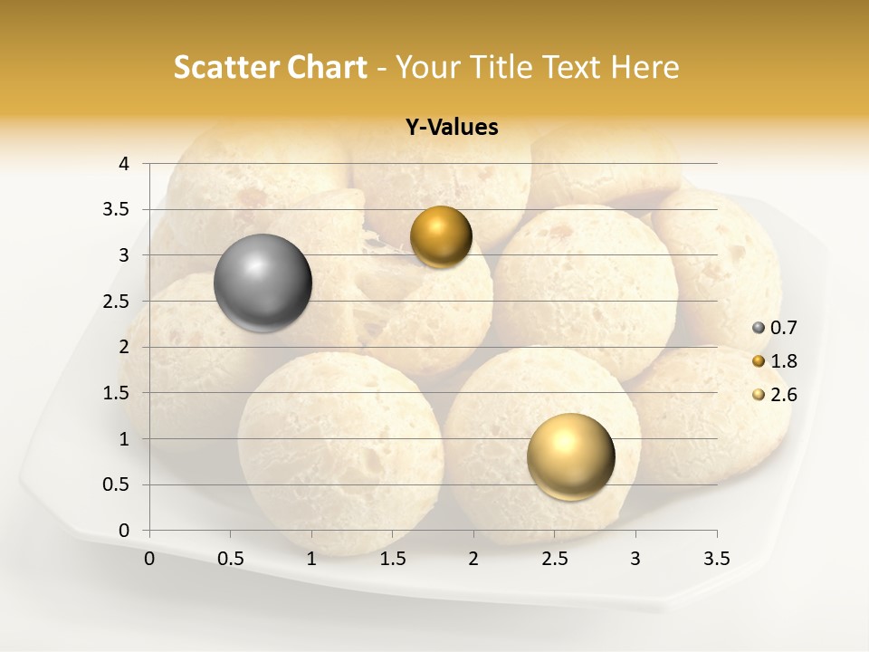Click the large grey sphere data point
263,283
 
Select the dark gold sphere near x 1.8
441,237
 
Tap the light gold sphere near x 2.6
570,456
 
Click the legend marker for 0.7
758,328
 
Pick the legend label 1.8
783,361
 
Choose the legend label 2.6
783,395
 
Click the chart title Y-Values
452,128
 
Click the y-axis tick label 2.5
117,302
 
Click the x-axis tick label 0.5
231,559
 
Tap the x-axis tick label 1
311,559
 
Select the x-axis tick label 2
473,559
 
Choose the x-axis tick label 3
635,559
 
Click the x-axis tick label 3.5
717,559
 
